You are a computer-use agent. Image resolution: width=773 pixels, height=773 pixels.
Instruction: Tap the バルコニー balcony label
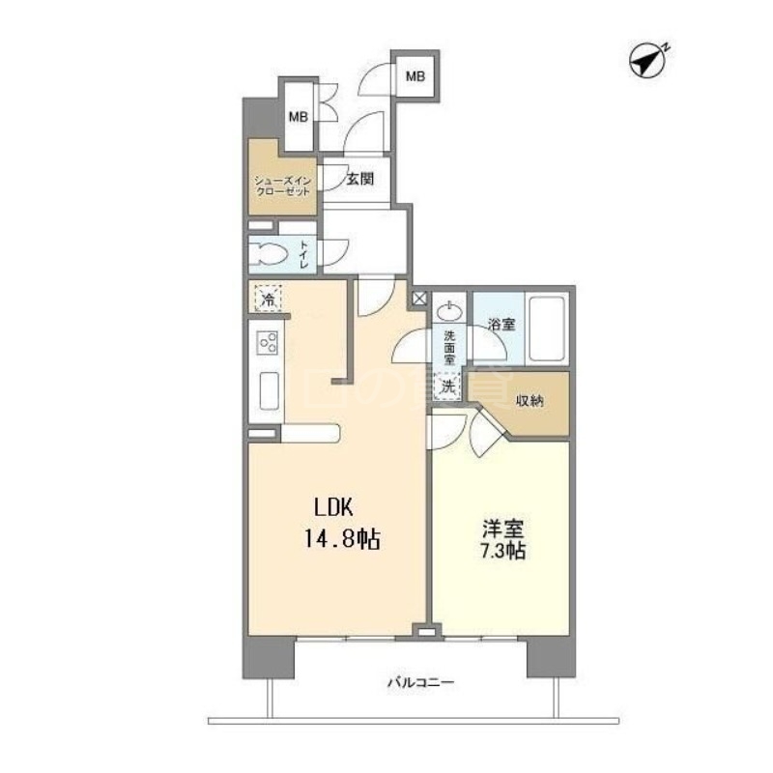pyautogui.click(x=420, y=683)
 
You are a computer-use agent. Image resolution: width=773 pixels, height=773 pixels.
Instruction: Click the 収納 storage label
pyautogui.click(x=528, y=401)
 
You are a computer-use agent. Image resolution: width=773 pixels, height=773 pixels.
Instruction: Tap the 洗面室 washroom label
pyautogui.click(x=450, y=346)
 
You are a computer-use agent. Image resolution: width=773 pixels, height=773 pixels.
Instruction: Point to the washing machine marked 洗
pyautogui.click(x=447, y=386)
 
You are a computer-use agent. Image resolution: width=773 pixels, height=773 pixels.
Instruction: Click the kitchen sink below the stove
pyautogui.click(x=268, y=391)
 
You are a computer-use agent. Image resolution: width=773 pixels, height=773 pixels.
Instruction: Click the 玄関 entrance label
pyautogui.click(x=360, y=178)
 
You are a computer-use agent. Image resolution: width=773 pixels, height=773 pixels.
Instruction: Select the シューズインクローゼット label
pyautogui.click(x=282, y=186)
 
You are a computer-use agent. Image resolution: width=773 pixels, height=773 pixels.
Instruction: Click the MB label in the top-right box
pyautogui.click(x=415, y=75)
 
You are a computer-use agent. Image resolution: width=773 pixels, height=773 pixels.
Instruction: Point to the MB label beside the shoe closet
pyautogui.click(x=297, y=118)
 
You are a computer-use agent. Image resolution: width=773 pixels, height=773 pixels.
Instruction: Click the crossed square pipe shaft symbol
pyautogui.click(x=419, y=300)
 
